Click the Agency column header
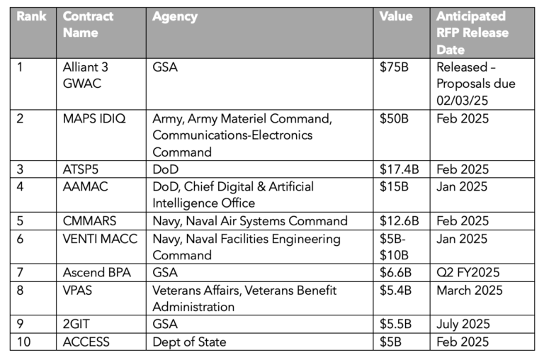pos(175,16)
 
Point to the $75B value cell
pos(395,68)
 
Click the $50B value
pos(395,118)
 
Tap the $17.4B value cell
pos(399,169)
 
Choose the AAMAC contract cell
pos(86,186)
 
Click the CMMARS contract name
pos(90,221)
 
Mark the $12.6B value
pos(399,221)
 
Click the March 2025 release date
pos(470,290)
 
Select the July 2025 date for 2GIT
pos(464,325)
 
